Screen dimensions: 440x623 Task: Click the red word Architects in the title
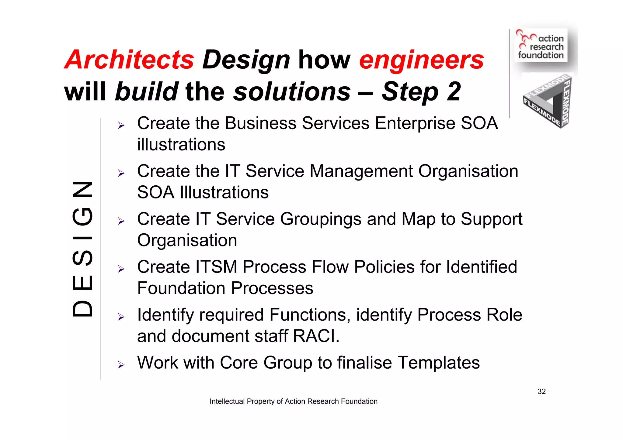click(x=129, y=60)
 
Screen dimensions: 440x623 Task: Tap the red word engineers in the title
click(x=421, y=60)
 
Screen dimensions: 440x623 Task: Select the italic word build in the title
click(x=147, y=91)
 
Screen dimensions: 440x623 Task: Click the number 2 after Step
click(x=454, y=91)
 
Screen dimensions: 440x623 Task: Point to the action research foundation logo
click(x=541, y=46)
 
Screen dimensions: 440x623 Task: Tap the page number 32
click(x=541, y=391)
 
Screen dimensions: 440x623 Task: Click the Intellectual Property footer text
click(x=293, y=401)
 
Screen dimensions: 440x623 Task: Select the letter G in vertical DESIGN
click(x=82, y=216)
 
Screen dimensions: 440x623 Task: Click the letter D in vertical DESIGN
click(x=82, y=309)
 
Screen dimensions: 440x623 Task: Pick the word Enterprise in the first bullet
click(x=415, y=123)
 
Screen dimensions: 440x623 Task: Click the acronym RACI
click(x=316, y=336)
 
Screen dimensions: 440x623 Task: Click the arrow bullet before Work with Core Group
click(x=121, y=365)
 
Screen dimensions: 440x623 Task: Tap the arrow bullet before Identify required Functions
click(x=121, y=317)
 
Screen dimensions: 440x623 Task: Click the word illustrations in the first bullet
click(x=181, y=144)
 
